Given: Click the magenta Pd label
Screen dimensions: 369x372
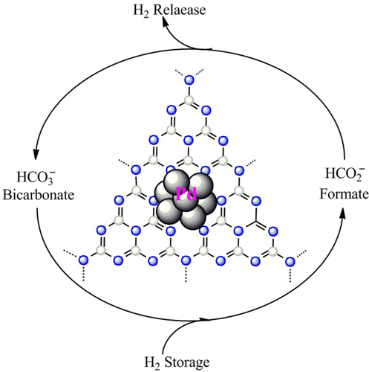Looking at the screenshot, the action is coord(186,193).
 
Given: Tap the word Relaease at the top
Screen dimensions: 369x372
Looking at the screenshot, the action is coord(180,10).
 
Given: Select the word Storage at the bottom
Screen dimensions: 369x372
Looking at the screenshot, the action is coord(187,362).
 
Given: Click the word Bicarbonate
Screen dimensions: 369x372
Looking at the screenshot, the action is coord(39,195).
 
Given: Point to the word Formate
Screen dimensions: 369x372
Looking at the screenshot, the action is coord(344,193).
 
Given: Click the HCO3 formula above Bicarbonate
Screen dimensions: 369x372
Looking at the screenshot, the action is coord(36,177).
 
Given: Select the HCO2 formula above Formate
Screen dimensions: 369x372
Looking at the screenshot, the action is coord(344,173).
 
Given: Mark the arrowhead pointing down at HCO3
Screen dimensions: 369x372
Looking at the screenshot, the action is coord(36,155).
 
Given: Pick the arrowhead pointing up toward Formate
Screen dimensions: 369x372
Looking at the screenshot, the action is coord(343,214).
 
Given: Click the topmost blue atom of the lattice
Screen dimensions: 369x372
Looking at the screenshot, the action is coord(189,80).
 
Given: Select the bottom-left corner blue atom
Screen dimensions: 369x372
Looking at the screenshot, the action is coord(83,260).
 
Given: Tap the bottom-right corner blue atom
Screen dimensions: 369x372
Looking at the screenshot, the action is coord(290,261).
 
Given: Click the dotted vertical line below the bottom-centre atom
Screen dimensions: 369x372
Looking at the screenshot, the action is coord(186,274).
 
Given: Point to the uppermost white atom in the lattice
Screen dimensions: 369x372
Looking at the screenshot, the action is coord(189,100).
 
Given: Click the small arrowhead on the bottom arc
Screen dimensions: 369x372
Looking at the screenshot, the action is coord(206,319).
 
